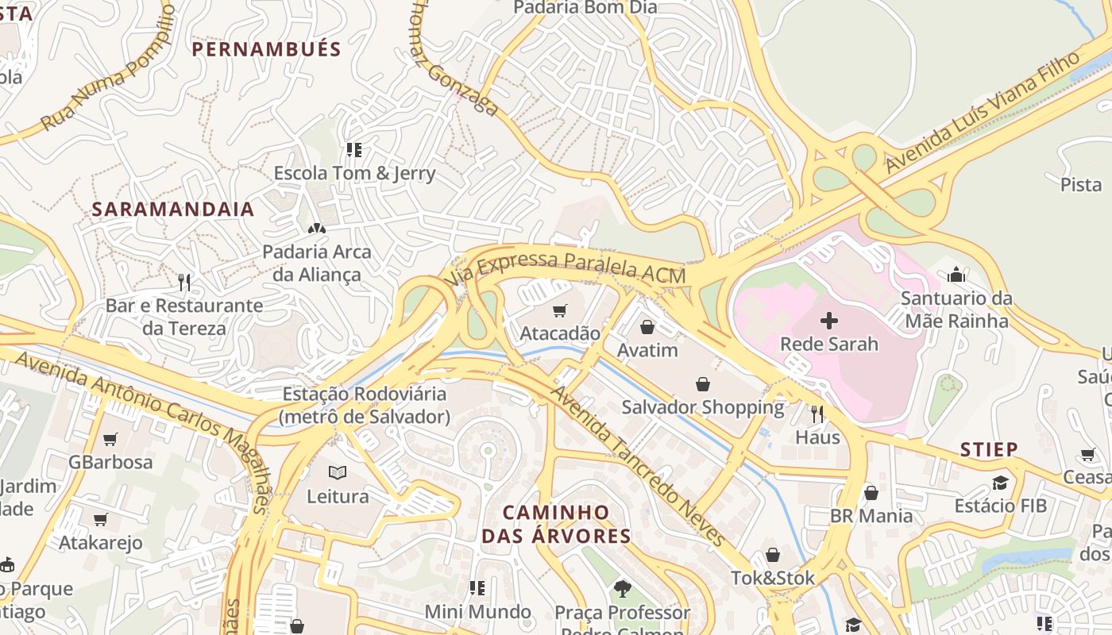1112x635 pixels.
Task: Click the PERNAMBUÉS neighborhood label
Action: click(267, 49)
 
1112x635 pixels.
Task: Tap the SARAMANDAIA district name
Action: click(173, 210)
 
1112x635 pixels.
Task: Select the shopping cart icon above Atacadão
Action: click(560, 310)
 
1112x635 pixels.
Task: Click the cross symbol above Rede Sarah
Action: click(829, 321)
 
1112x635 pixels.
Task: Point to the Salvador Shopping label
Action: click(703, 408)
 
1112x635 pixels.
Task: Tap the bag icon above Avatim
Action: click(647, 327)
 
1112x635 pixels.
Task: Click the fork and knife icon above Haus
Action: click(817, 414)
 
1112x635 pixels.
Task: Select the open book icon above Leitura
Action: click(338, 473)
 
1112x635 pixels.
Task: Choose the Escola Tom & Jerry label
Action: click(354, 173)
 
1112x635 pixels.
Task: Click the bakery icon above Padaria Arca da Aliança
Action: click(317, 229)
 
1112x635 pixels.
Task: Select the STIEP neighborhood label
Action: click(989, 450)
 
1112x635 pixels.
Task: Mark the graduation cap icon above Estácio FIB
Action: click(1000, 483)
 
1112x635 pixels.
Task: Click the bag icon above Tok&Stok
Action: click(773, 555)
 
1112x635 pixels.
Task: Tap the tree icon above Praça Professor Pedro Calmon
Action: click(622, 589)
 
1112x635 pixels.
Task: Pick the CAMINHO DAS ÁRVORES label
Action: click(556, 524)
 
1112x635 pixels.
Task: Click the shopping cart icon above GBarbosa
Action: click(110, 439)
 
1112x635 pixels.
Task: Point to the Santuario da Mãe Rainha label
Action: click(956, 310)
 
